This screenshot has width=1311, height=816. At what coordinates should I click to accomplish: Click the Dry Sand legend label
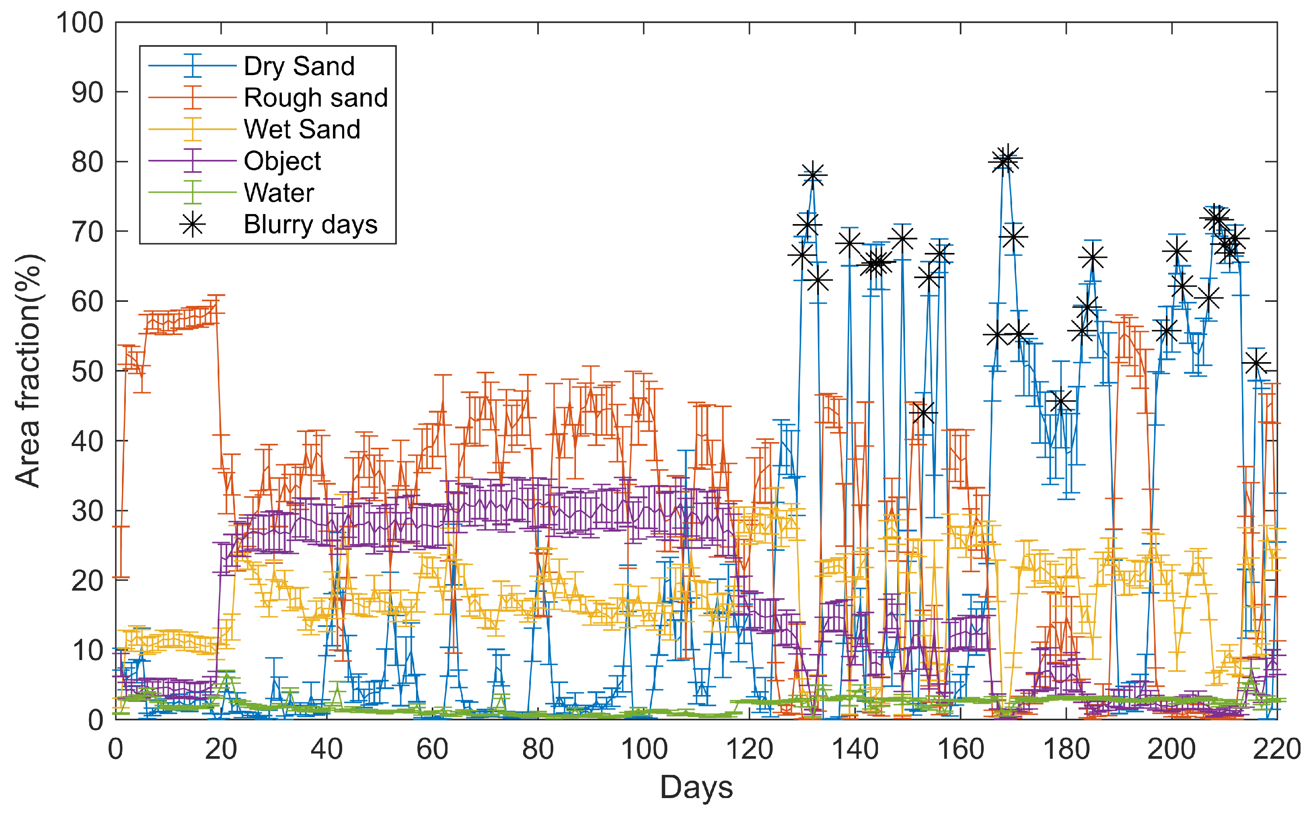click(x=299, y=66)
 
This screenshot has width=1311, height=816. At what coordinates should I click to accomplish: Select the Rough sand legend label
click(x=316, y=98)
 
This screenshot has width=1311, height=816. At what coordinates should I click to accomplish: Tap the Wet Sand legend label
click(x=302, y=130)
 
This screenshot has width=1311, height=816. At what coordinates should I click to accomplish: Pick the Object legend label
click(x=282, y=161)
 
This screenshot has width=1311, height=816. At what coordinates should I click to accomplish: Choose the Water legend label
click(x=278, y=193)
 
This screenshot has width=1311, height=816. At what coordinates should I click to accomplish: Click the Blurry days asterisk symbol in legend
click(x=192, y=224)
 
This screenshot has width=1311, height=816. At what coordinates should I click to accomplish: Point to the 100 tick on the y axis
click(x=80, y=23)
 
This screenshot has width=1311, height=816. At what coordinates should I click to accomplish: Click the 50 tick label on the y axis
click(x=87, y=371)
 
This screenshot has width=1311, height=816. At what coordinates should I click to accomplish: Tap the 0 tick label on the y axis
click(x=96, y=720)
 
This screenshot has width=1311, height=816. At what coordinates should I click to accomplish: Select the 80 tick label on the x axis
click(x=538, y=750)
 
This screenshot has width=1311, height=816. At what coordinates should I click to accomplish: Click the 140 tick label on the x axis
click(x=854, y=750)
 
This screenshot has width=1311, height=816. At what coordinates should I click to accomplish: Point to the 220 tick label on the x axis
click(x=1277, y=750)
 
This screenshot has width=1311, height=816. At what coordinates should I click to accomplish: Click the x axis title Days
click(x=696, y=788)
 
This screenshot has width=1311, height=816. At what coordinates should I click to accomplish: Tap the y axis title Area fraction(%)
click(x=28, y=371)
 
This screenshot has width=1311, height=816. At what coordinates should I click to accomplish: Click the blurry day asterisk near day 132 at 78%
click(x=813, y=176)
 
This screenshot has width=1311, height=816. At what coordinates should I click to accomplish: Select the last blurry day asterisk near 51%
click(x=1256, y=363)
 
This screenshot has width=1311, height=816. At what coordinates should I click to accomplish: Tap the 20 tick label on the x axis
click(x=221, y=750)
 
